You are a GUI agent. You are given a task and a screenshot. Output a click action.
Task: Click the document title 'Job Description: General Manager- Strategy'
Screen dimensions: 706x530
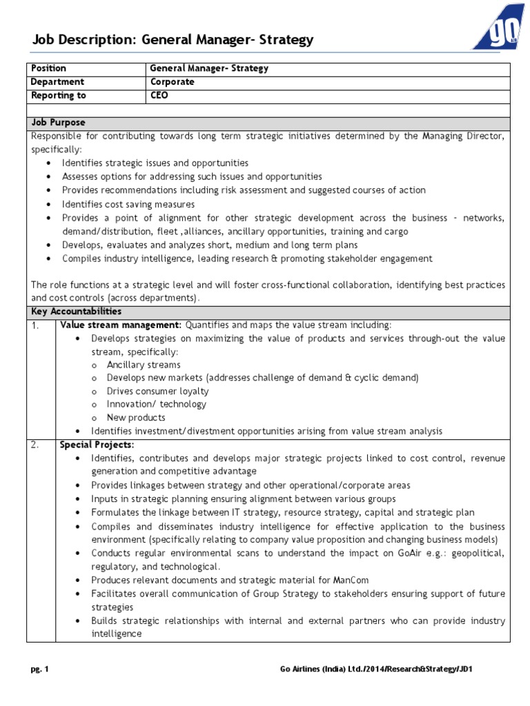click(x=173, y=40)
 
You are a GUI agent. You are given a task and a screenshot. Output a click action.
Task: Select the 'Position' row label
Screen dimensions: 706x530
click(x=48, y=68)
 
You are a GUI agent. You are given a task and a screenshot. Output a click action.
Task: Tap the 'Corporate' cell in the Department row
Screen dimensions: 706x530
click(x=173, y=82)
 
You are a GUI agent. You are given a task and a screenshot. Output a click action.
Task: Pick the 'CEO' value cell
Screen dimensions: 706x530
click(x=159, y=96)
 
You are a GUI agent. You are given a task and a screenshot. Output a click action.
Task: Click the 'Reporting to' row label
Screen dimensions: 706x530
click(x=59, y=96)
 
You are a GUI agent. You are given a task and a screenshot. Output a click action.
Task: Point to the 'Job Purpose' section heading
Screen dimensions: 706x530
click(x=58, y=123)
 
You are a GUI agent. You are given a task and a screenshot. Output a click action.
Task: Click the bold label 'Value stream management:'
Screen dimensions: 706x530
click(x=121, y=325)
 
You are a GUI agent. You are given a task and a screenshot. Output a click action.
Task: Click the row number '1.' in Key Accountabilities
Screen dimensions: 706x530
click(x=35, y=325)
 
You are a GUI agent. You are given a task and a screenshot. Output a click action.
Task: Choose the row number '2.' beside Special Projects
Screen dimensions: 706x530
click(x=35, y=445)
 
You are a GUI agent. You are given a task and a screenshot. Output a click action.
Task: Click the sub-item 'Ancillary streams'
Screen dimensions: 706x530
click(x=143, y=365)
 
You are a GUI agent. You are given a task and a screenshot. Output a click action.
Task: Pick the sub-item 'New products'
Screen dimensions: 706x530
click(x=136, y=418)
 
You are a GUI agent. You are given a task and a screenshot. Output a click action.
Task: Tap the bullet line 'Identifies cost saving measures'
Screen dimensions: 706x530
click(x=128, y=204)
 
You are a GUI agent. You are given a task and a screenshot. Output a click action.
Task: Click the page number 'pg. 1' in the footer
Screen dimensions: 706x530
click(x=40, y=669)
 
